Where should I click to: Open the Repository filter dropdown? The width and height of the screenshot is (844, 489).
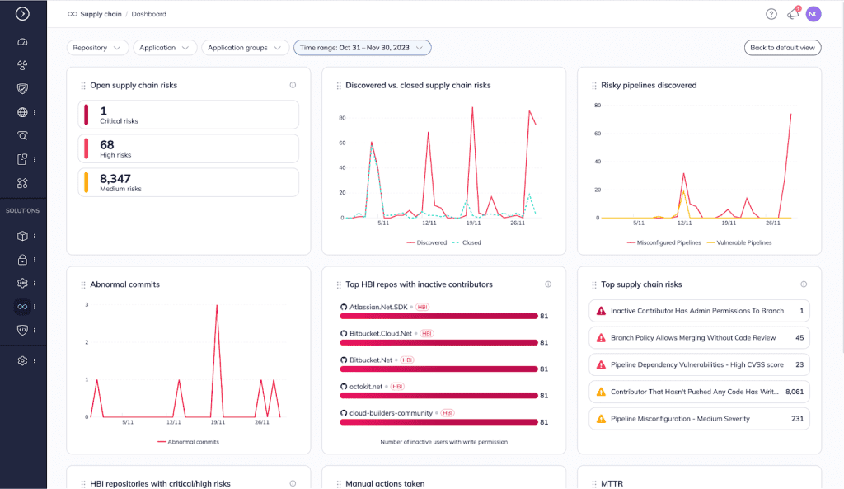click(97, 48)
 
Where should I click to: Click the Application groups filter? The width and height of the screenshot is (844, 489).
click(245, 48)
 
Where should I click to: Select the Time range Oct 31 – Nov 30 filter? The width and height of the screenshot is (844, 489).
click(362, 48)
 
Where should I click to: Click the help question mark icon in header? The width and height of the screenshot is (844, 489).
click(771, 14)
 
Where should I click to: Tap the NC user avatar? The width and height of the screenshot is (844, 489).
click(814, 14)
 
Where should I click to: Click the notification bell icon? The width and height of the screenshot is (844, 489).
click(793, 14)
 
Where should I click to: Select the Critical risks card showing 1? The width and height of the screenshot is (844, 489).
click(188, 115)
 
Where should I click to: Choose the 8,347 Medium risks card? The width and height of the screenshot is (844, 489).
click(188, 182)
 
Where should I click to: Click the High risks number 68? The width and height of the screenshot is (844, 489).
click(107, 145)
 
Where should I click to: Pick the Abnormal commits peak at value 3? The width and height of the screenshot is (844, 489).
click(217, 305)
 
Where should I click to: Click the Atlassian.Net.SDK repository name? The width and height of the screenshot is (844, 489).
click(378, 307)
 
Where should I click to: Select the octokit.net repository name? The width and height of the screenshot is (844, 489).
click(367, 386)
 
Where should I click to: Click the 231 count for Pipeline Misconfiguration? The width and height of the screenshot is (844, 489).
click(797, 419)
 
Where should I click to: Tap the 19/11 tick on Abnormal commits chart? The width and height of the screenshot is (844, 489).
click(218, 422)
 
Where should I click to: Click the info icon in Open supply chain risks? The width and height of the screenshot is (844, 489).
click(293, 85)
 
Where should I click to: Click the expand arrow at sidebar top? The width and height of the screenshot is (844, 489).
click(22, 13)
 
